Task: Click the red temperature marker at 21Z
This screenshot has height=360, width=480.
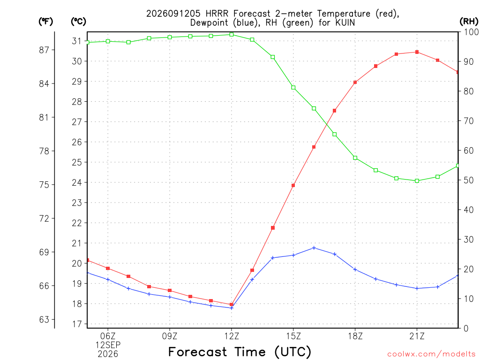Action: click(x=417, y=52)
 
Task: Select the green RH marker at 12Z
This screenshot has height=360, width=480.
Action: click(x=232, y=35)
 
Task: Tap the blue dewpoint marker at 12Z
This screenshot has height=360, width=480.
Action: click(x=232, y=308)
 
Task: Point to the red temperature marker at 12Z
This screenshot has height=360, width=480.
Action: click(x=232, y=305)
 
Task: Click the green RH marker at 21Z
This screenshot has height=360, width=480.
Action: click(x=417, y=181)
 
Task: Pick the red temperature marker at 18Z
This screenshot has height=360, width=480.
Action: click(x=355, y=82)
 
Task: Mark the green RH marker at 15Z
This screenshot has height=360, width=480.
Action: click(x=293, y=88)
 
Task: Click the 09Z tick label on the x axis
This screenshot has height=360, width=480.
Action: click(x=170, y=336)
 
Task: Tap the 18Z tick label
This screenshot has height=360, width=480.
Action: click(x=355, y=336)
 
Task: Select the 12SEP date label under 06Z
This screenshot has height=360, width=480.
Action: click(x=108, y=345)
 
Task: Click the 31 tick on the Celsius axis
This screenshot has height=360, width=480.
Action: click(x=77, y=41)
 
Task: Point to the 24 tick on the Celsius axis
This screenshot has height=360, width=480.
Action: click(x=77, y=182)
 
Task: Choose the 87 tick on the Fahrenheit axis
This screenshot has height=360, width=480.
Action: click(x=44, y=50)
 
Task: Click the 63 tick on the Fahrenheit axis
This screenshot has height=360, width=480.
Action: click(x=44, y=320)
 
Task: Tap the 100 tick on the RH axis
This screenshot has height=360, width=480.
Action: click(x=471, y=32)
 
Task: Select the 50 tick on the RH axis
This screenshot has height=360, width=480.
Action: click(x=469, y=180)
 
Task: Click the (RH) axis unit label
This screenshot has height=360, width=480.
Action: click(x=469, y=22)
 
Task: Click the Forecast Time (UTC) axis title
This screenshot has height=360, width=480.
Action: click(x=240, y=352)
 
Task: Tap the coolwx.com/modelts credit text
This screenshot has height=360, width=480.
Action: click(x=431, y=354)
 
